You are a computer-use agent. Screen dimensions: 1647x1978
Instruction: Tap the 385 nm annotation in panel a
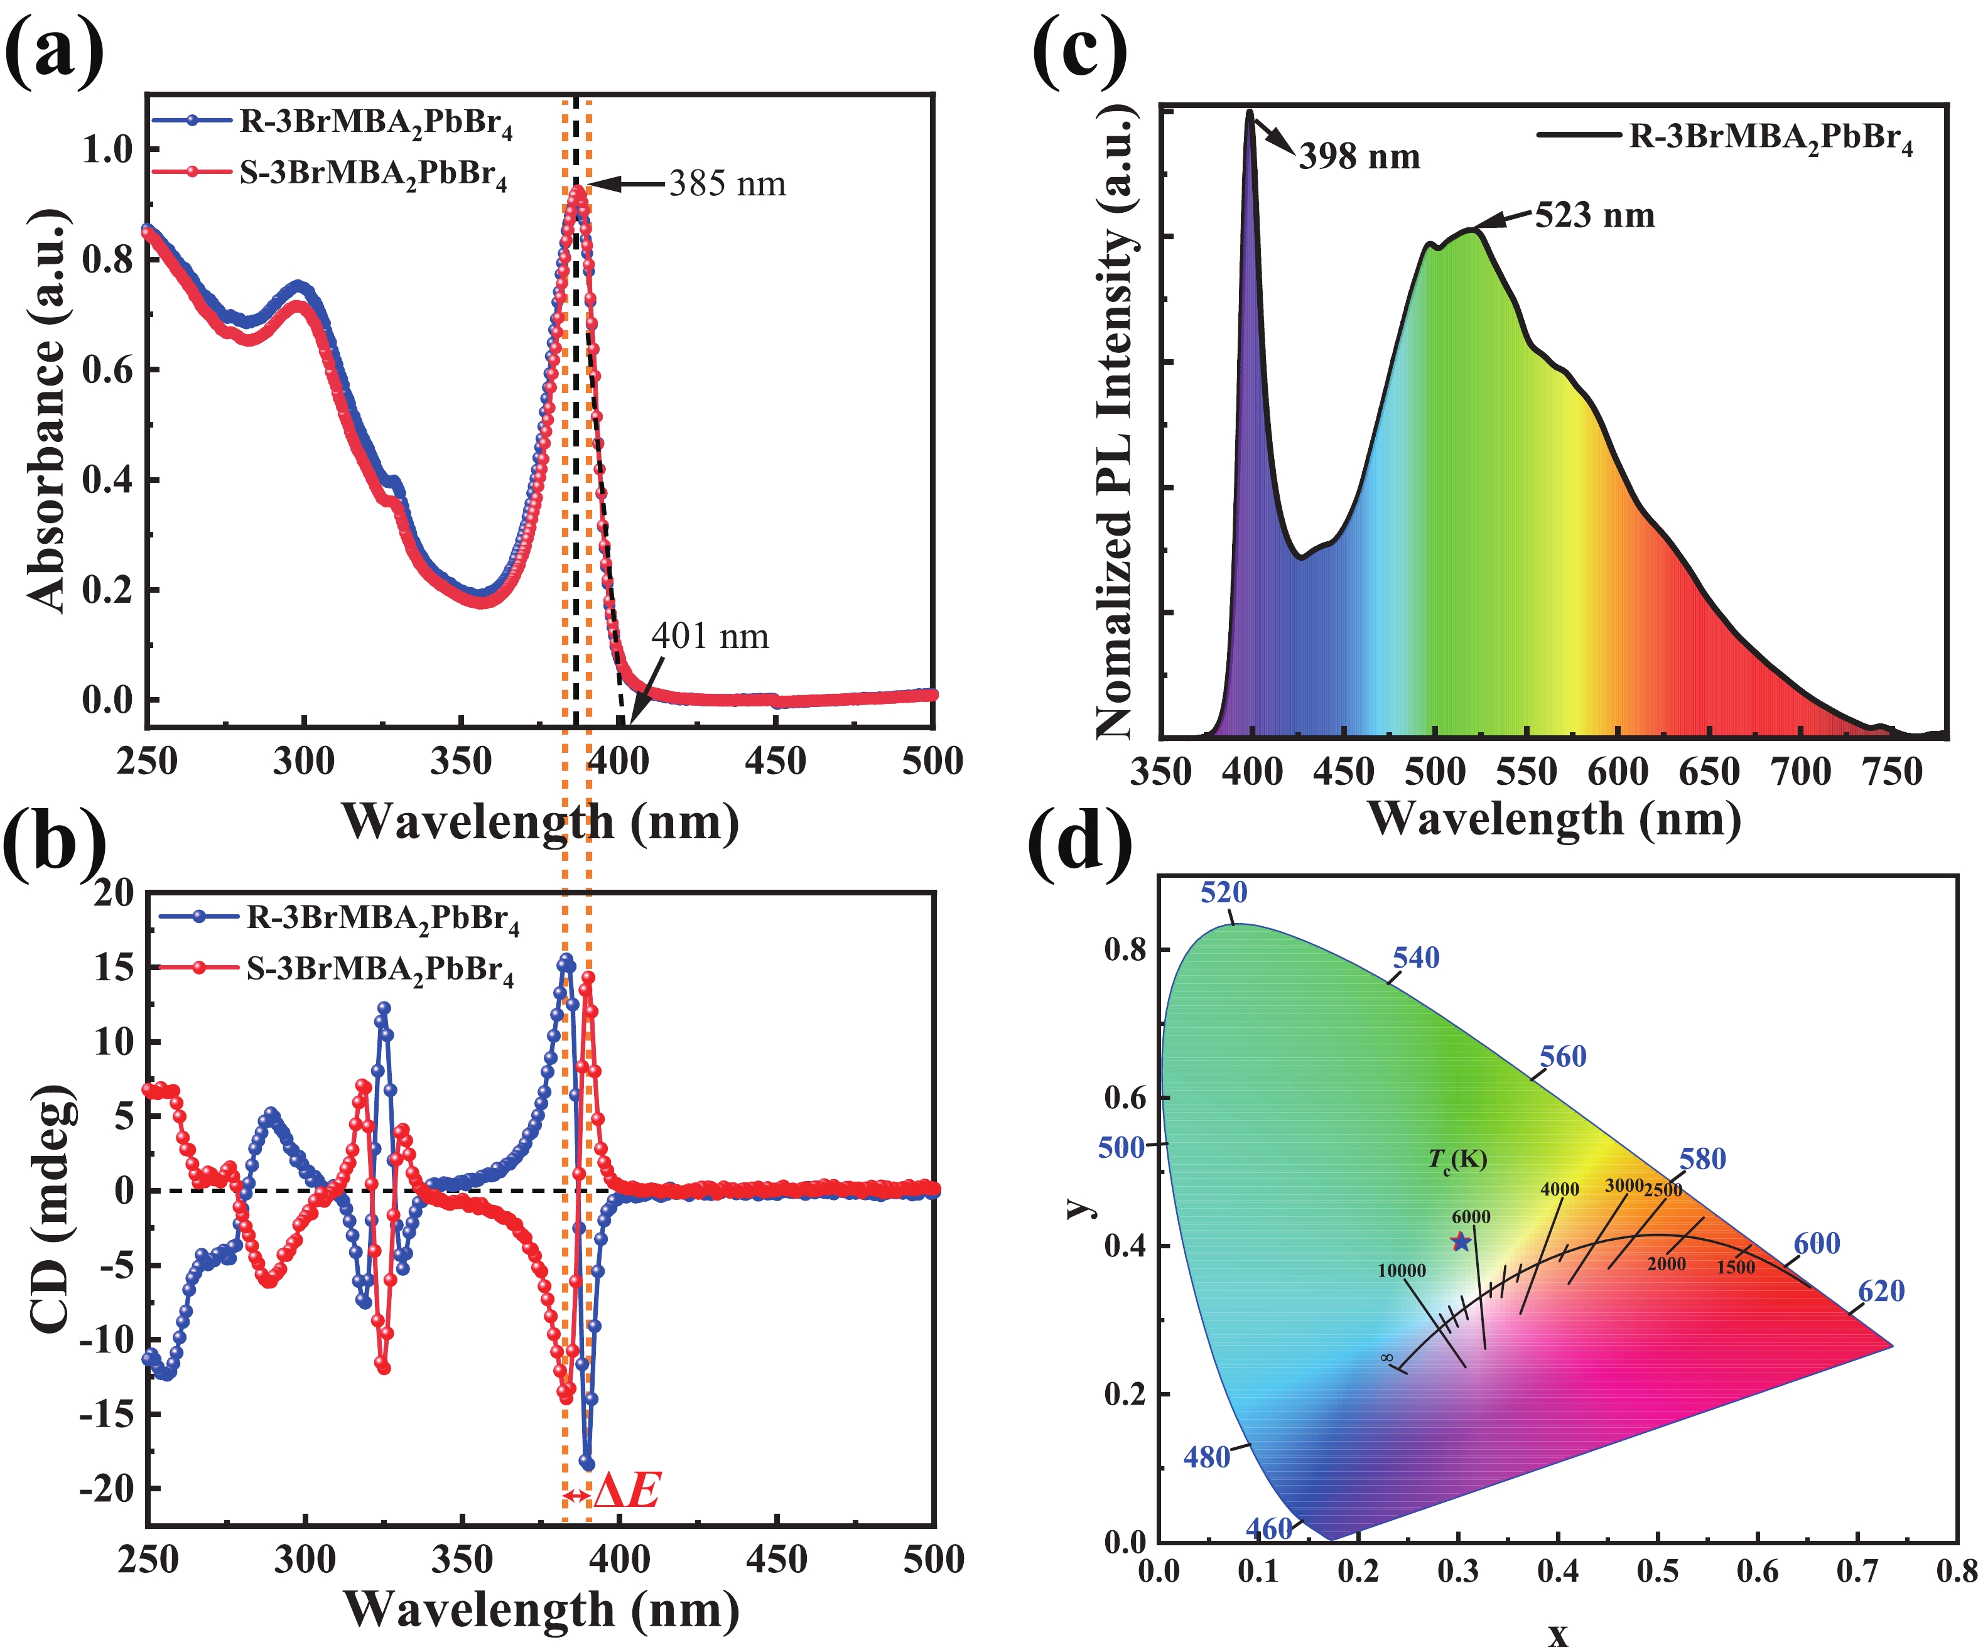pos(727,183)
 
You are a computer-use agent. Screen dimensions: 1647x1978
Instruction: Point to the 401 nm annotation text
pos(710,637)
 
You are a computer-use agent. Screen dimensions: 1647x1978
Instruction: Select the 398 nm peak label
pos(1359,156)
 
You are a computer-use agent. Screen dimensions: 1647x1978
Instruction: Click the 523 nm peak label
pos(1595,215)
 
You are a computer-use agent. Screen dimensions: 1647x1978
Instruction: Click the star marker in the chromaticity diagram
pos(1461,1241)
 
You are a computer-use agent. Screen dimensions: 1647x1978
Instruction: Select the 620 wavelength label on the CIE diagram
pos(1881,1291)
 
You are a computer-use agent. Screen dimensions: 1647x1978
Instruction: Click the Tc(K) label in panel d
pos(1457,1159)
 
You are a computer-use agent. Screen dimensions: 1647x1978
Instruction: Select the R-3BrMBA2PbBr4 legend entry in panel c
pos(1771,138)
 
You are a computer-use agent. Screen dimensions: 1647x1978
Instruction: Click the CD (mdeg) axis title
pos(51,1209)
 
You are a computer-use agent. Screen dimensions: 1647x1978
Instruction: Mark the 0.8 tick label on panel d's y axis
pos(1125,950)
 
